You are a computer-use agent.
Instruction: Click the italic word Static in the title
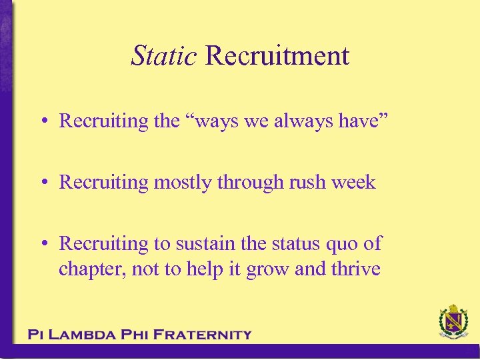(163, 55)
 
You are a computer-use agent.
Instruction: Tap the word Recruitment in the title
(277, 55)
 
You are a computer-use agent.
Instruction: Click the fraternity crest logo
(453, 323)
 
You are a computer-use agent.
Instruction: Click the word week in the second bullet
(354, 182)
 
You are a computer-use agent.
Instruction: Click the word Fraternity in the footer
(203, 335)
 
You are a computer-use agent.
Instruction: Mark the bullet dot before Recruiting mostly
(42, 183)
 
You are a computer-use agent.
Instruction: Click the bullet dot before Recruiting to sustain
(42, 244)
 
